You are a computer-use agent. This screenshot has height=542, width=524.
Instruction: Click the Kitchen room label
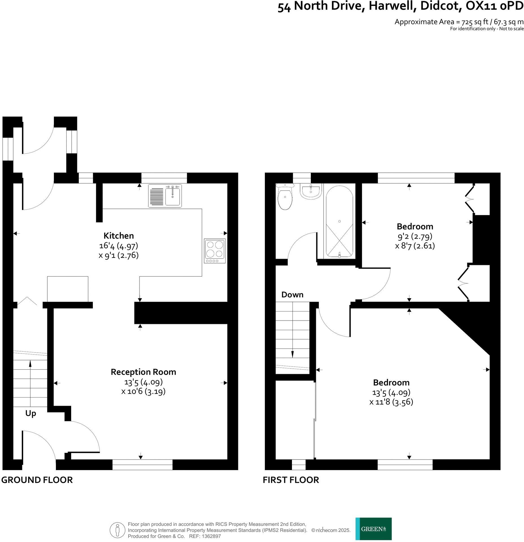coord(119,236)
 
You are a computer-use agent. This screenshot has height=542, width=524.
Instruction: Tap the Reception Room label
coord(143,372)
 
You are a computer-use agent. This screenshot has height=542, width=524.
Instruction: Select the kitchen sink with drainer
coord(165,196)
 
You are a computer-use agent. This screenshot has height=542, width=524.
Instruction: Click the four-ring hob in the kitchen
coord(215,251)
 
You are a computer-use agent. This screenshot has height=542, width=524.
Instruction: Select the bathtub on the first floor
coord(339,222)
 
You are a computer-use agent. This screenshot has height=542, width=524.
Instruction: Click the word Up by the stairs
coord(31,414)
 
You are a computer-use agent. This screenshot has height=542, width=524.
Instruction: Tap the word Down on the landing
coord(292,295)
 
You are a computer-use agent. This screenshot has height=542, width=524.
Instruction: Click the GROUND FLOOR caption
coord(37,480)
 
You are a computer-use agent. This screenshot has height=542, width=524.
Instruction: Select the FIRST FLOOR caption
coord(291,480)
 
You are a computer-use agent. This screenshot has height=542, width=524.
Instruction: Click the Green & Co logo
coord(373,529)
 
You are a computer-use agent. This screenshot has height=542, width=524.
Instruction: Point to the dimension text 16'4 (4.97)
coord(119,246)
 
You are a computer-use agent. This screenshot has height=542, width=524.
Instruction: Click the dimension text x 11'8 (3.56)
coord(391,402)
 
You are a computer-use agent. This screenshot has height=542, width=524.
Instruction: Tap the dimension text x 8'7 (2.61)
coord(415,246)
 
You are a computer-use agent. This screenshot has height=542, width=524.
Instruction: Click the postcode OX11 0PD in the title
coord(494,6)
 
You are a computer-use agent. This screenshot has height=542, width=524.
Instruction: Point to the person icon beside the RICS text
coord(117,530)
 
